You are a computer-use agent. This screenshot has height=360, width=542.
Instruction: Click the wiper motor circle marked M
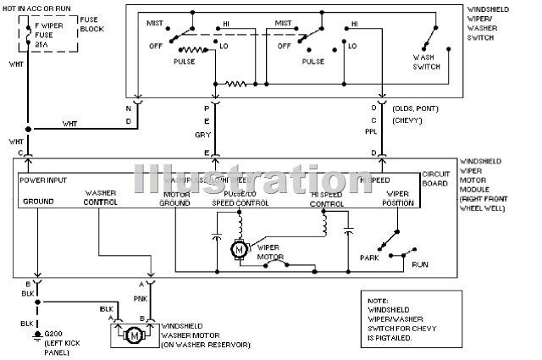point(239,248)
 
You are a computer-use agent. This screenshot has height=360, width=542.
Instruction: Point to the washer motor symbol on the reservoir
point(133,335)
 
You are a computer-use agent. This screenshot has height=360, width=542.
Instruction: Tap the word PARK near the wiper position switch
point(368,258)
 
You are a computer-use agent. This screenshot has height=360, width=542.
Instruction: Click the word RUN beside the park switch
point(419,265)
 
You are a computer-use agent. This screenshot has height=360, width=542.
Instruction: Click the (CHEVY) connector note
point(410,122)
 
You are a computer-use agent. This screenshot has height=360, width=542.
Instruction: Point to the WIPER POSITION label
point(397,198)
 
